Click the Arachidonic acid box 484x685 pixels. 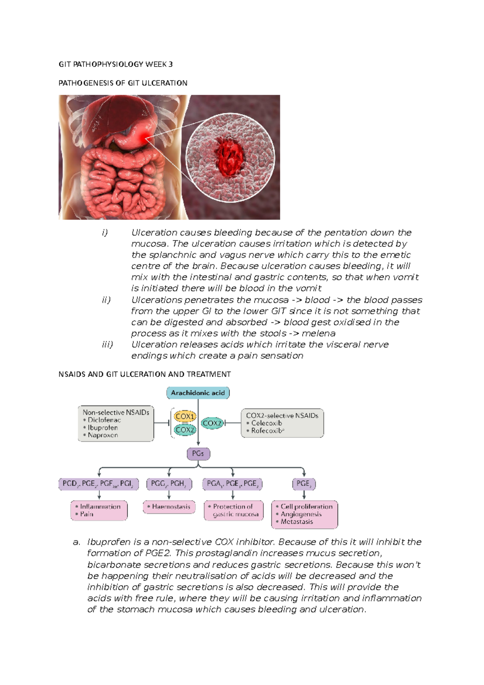click(x=198, y=393)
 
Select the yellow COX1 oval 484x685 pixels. click(x=185, y=416)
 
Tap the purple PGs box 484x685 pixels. click(x=198, y=453)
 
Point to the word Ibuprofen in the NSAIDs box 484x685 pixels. click(x=103, y=428)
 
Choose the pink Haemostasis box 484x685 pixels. click(x=169, y=507)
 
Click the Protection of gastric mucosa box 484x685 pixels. click(x=234, y=510)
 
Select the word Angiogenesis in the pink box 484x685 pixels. click(x=301, y=514)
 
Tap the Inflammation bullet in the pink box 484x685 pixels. click(x=100, y=506)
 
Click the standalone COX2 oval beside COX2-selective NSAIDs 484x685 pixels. click(x=212, y=423)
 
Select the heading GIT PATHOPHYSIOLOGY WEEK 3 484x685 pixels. click(x=116, y=64)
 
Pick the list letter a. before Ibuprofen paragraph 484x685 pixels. click(x=77, y=542)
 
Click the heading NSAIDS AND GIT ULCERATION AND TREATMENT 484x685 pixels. click(x=144, y=374)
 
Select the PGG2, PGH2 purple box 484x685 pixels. click(x=169, y=484)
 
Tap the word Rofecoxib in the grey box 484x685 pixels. click(x=266, y=430)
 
